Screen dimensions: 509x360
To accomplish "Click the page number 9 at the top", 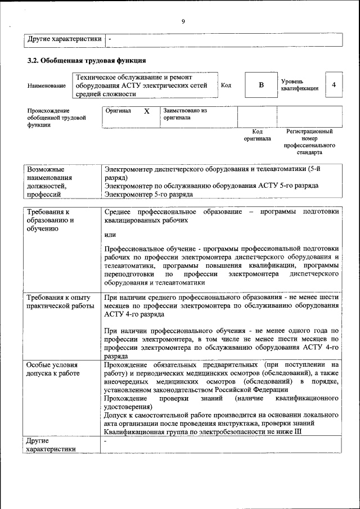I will (183, 21).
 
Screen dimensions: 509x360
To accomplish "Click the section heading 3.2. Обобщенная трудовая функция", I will (87, 60).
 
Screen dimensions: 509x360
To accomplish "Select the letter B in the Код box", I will (260, 85).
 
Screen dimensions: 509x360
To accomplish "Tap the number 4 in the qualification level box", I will (334, 85).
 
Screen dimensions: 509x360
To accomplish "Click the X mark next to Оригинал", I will (147, 111).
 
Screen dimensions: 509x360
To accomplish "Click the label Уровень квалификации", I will (300, 85).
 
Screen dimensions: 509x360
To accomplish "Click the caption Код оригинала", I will (257, 135).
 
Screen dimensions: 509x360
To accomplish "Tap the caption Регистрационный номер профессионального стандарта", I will (309, 142).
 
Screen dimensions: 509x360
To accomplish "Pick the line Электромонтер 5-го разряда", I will (148, 194).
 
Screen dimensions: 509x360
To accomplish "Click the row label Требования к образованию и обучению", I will (51, 220).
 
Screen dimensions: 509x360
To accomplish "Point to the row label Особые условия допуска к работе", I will (53, 369).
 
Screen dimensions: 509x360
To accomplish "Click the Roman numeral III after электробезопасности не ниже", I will (298, 431).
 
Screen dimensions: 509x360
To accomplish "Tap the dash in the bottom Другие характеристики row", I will (106, 442).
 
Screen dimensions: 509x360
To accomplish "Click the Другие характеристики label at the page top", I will (65, 39).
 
